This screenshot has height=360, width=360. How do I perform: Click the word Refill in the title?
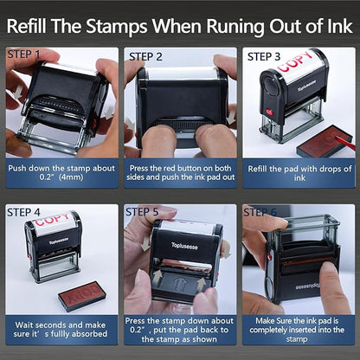(37, 21)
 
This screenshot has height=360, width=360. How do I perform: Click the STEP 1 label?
(23, 55)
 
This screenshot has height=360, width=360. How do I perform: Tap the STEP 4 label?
(24, 211)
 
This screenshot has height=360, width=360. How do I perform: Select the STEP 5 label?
(146, 212)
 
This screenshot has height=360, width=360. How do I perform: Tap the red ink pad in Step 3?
(323, 139)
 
